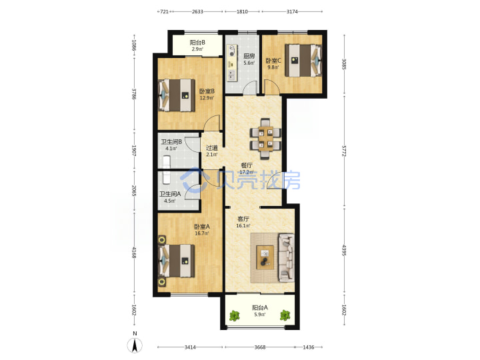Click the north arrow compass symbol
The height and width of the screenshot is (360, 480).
[135, 345]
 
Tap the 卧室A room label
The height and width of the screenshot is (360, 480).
[202, 227]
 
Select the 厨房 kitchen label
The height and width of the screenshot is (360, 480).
[249, 56]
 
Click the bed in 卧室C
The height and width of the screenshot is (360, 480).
[303, 60]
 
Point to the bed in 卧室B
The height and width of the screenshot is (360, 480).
[177, 95]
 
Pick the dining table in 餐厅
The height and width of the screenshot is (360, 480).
[265, 139]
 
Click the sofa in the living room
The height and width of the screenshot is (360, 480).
[287, 258]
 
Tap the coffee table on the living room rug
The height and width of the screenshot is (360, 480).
[265, 257]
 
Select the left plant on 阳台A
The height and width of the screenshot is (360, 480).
[235, 315]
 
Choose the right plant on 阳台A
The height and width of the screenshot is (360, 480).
[285, 315]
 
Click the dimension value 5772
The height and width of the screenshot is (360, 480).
[344, 151]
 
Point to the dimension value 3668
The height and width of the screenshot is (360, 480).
[260, 347]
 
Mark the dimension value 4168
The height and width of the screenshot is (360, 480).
[134, 252]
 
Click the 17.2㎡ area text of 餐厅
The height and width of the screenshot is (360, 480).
[246, 172]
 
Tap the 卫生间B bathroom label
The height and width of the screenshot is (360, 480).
[172, 142]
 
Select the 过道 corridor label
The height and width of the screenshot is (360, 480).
[211, 148]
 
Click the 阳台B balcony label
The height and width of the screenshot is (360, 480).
[197, 43]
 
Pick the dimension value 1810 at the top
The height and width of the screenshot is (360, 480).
[242, 11]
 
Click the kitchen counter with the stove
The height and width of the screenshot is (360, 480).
[232, 63]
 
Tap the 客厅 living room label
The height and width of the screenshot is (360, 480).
[243, 219]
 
